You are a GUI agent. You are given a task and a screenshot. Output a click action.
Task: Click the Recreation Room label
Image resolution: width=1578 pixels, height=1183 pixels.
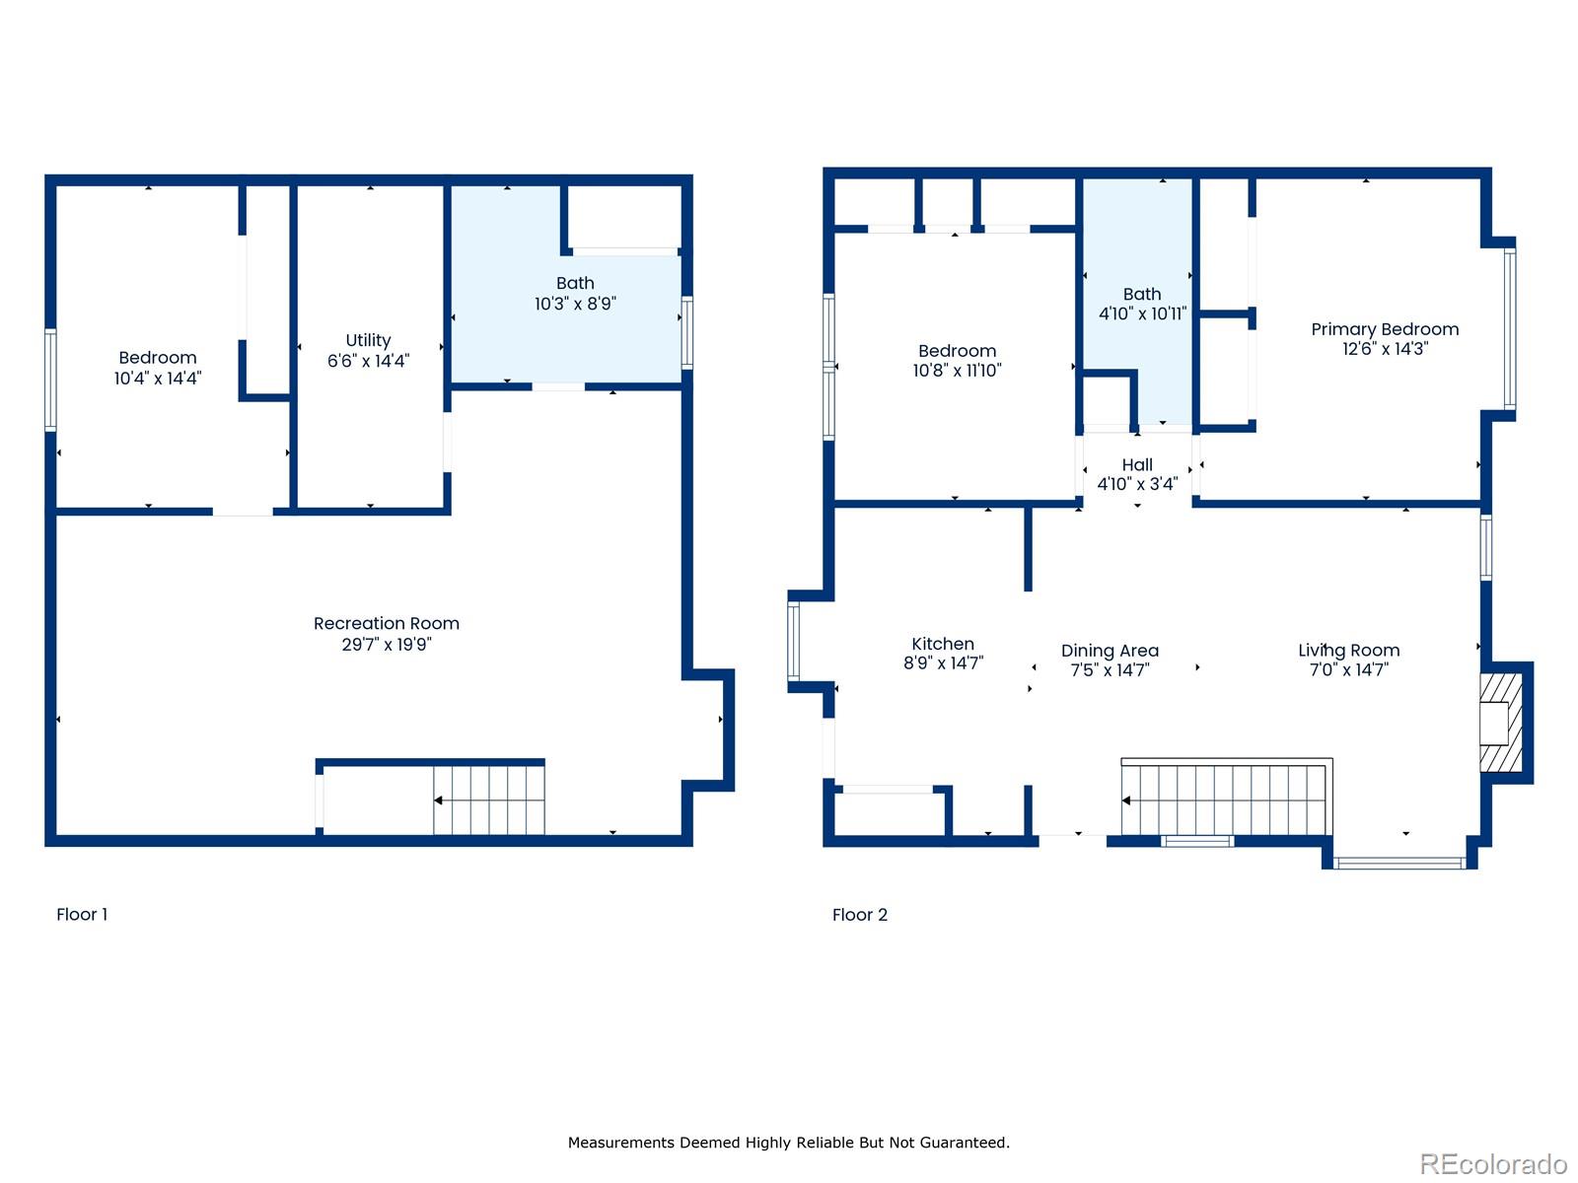tap(386, 623)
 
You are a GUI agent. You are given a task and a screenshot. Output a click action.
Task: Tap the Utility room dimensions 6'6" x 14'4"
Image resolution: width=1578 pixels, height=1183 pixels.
tap(368, 361)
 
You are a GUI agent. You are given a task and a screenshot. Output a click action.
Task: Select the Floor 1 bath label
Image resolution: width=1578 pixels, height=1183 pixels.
tap(575, 283)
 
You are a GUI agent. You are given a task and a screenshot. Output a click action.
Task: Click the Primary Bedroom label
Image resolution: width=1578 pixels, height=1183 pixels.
tap(1384, 329)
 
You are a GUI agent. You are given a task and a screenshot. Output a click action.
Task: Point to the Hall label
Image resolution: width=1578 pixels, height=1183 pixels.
tap(1136, 464)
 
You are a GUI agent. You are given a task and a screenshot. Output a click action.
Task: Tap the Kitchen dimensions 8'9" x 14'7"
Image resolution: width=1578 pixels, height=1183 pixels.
tap(943, 663)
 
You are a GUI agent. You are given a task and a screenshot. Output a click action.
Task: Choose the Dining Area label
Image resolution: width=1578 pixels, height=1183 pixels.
tap(1110, 651)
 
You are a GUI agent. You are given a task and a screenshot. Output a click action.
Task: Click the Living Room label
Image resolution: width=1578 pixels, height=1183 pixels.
tap(1348, 651)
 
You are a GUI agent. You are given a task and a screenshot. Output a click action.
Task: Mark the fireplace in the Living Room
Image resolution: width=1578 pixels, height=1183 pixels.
tap(1501, 723)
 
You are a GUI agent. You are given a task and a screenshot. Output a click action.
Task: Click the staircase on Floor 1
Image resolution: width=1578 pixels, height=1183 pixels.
tap(489, 800)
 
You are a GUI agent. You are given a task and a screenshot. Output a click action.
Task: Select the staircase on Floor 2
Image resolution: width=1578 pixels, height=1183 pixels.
tap(1226, 799)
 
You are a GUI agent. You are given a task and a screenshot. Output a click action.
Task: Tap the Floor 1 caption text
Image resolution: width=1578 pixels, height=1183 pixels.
tap(82, 914)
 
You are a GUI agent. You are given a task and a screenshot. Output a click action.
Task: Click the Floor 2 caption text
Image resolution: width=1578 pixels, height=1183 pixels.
tap(859, 915)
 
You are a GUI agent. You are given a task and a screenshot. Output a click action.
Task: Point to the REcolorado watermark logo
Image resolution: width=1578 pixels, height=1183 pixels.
tap(1492, 1164)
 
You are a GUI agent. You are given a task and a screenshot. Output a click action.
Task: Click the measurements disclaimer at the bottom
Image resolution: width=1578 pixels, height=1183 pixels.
tap(788, 1143)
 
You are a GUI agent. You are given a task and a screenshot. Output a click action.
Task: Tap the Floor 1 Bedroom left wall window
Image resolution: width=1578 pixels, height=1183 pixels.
tap(50, 380)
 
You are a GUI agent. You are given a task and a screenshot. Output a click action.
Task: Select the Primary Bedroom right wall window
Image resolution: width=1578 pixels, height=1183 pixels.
tap(1509, 327)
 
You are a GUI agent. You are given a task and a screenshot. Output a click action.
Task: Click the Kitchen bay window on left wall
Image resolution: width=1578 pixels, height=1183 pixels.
tap(793, 642)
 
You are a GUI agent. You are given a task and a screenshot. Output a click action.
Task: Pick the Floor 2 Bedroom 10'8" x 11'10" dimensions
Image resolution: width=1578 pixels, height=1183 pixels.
tap(957, 371)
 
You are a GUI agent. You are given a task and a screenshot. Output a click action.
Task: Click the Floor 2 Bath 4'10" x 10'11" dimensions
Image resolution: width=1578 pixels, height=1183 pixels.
tap(1142, 313)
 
